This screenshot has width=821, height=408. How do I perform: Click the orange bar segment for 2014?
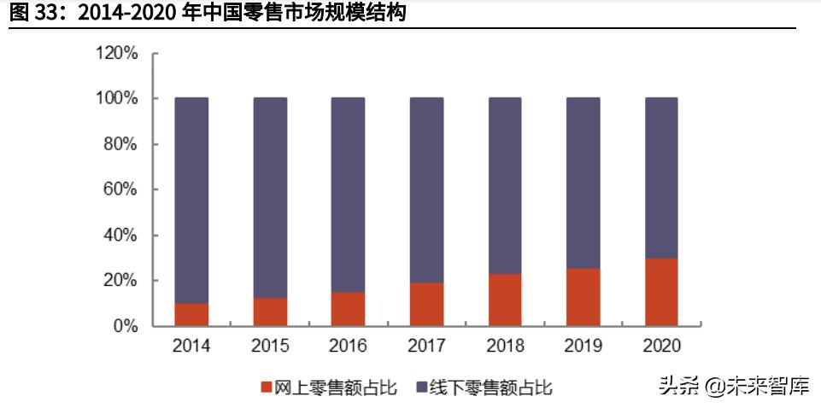(191, 314)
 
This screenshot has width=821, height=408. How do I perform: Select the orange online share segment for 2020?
(661, 292)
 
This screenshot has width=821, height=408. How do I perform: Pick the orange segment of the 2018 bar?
(505, 300)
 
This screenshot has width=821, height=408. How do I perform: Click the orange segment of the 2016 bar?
(348, 309)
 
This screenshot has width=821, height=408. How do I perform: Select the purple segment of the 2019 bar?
(583, 184)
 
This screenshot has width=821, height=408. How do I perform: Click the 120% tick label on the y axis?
(116, 54)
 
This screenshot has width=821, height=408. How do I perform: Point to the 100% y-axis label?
(116, 99)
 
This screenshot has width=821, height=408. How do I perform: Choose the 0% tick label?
(125, 326)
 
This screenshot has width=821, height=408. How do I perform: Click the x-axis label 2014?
(191, 346)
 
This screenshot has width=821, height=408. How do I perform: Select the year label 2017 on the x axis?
(426, 346)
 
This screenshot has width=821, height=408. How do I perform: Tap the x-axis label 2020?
(661, 346)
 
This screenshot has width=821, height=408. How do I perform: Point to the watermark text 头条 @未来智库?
(733, 386)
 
